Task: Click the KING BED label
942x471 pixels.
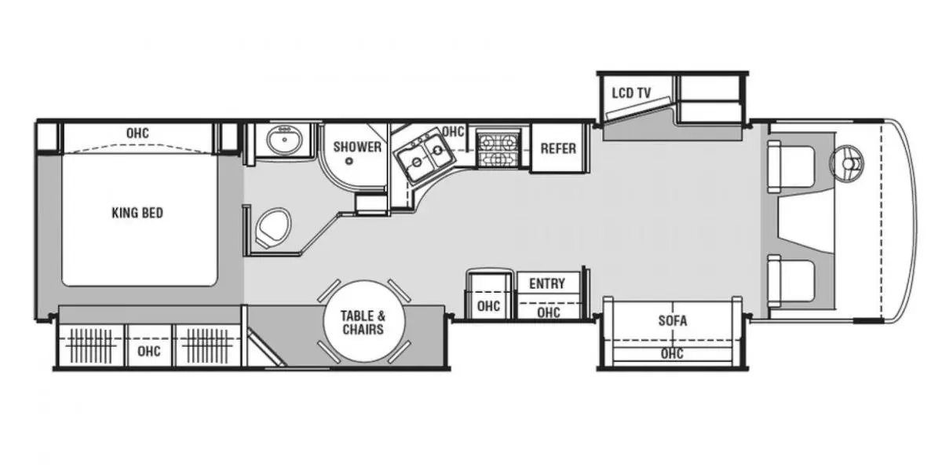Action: [x=137, y=213]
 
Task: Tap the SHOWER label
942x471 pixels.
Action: [x=357, y=147]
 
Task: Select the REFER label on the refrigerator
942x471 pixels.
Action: [x=558, y=148]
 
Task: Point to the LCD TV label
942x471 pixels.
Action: [x=631, y=93]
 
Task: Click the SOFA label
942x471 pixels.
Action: [x=673, y=321]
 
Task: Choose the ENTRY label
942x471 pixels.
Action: [x=546, y=284]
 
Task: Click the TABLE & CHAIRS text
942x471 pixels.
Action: [x=363, y=323]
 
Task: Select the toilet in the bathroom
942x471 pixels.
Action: [x=273, y=228]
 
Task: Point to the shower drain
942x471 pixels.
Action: [x=349, y=161]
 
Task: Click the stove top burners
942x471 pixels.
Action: [x=498, y=150]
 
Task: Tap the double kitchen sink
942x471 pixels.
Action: [x=425, y=156]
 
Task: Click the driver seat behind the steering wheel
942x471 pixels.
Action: [x=791, y=166]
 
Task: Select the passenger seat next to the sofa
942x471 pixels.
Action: [x=791, y=281]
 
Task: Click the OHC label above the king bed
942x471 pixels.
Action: [x=137, y=133]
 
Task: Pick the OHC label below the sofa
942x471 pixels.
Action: [x=672, y=354]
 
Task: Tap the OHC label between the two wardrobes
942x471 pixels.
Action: [x=149, y=351]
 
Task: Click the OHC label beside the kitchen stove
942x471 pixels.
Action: [x=453, y=132]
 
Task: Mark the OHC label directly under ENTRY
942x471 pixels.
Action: [x=549, y=312]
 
